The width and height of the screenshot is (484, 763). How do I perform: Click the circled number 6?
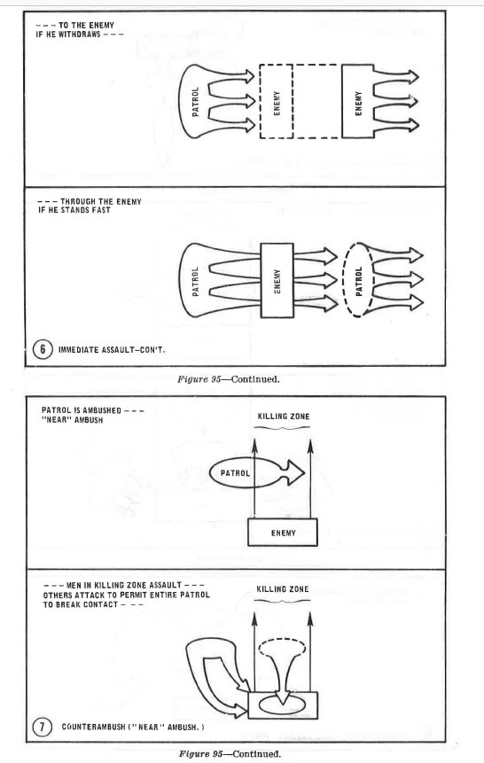43,349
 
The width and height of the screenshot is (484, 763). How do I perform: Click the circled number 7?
42,728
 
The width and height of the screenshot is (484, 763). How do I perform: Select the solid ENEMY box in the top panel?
358,101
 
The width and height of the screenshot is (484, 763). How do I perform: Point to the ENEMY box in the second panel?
277,280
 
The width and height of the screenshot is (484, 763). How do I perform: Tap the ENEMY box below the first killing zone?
283,533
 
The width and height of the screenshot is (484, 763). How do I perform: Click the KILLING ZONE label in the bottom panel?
283,589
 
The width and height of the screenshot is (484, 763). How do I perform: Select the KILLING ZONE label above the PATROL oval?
284,417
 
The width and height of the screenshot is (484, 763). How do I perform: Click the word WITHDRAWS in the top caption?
80,35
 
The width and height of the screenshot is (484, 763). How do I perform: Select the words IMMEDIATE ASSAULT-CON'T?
112,349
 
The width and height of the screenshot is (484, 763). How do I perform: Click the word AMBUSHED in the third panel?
102,410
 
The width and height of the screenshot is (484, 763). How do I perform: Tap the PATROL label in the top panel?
195,102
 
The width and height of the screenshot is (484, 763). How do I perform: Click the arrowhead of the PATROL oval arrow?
295,472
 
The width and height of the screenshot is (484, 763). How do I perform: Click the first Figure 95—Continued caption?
229,379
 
